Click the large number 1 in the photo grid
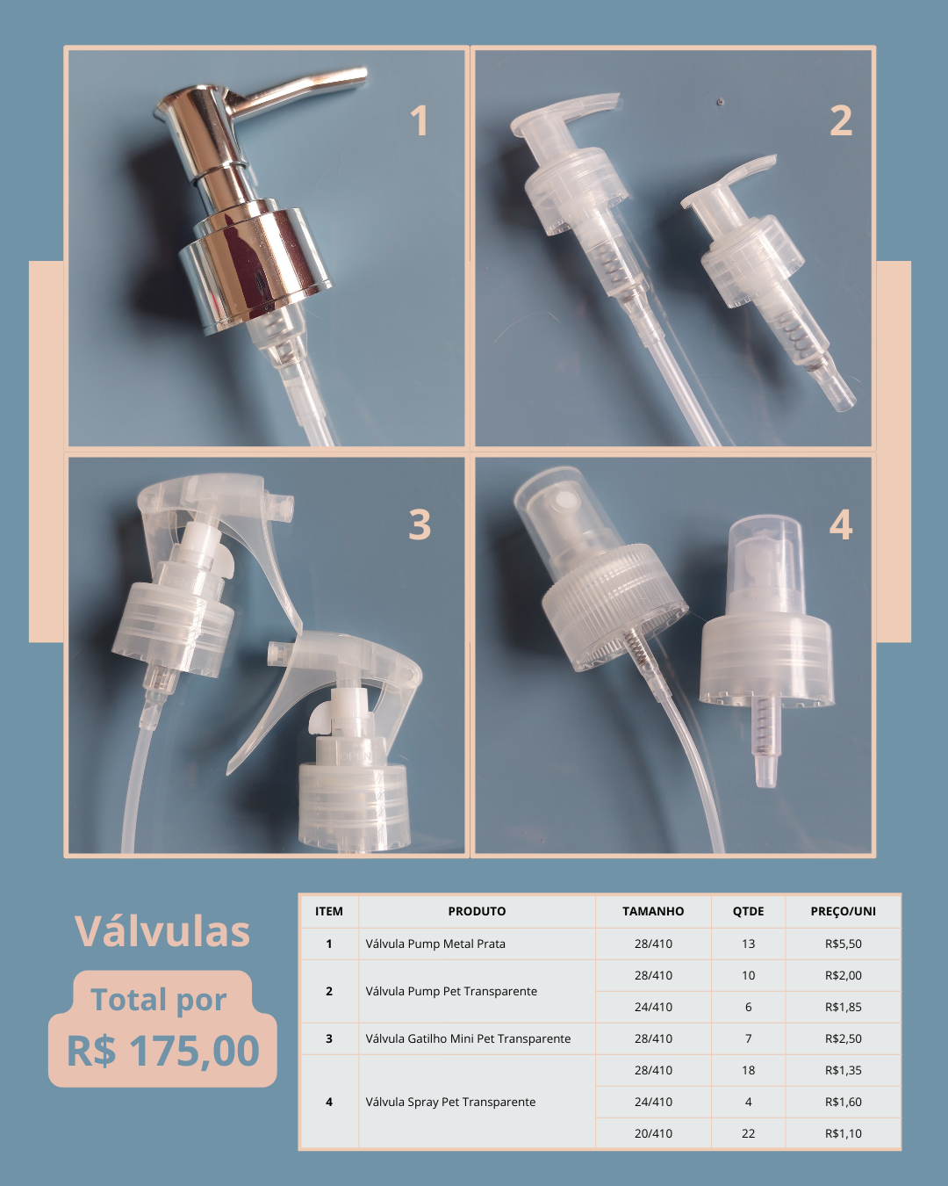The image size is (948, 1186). (420, 120)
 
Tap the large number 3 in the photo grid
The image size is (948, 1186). (420, 524)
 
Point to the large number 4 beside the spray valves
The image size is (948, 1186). (841, 524)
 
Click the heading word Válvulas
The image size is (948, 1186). (162, 931)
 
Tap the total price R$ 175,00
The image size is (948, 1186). (163, 1051)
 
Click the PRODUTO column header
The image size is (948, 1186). (477, 911)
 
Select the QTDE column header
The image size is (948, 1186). (748, 911)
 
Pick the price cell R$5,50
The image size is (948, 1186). (843, 944)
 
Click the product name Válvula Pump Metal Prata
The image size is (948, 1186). (435, 944)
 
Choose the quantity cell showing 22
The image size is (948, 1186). (748, 1133)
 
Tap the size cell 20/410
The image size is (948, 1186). (653, 1133)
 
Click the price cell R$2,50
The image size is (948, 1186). (843, 1038)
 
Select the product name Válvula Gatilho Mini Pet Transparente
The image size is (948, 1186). (468, 1038)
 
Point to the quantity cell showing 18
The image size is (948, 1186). (748, 1070)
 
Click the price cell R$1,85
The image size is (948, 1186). (843, 1007)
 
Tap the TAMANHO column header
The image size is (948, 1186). (653, 911)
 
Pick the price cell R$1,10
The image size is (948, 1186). (843, 1133)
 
